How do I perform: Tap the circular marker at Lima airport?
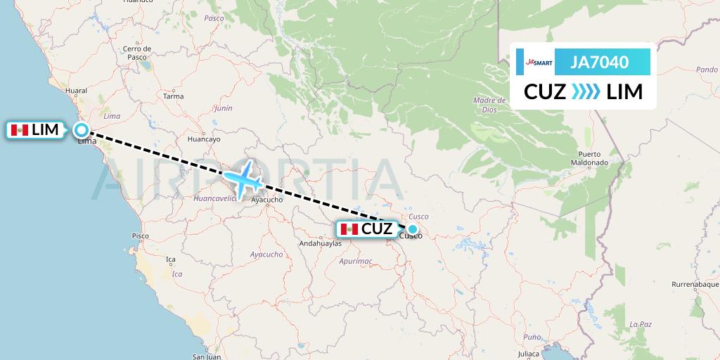click(x=82, y=130)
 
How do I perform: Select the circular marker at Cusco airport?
click(x=413, y=229)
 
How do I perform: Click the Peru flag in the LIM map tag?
click(x=20, y=130)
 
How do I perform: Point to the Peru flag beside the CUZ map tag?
click(x=349, y=229)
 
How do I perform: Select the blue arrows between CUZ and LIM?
click(x=586, y=92)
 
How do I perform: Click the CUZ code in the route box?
click(x=545, y=92)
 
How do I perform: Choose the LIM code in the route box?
click(x=624, y=92)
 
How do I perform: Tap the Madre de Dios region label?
click(x=485, y=105)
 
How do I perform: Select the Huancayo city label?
click(x=204, y=139)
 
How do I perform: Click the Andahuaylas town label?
click(x=320, y=244)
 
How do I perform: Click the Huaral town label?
click(x=75, y=91)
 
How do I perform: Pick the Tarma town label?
click(x=173, y=96)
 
